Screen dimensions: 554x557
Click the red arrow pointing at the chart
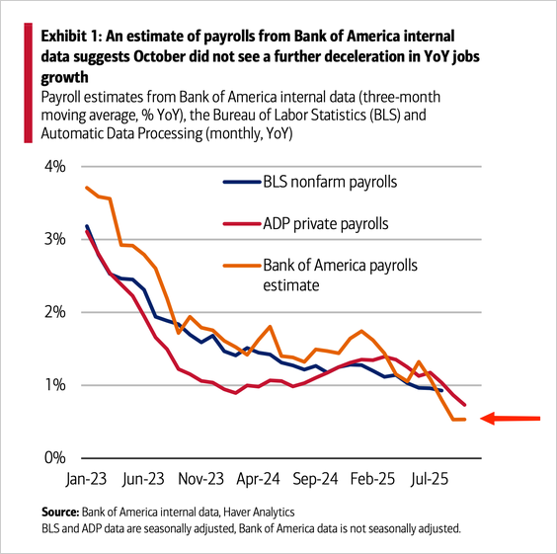point(510,419)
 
